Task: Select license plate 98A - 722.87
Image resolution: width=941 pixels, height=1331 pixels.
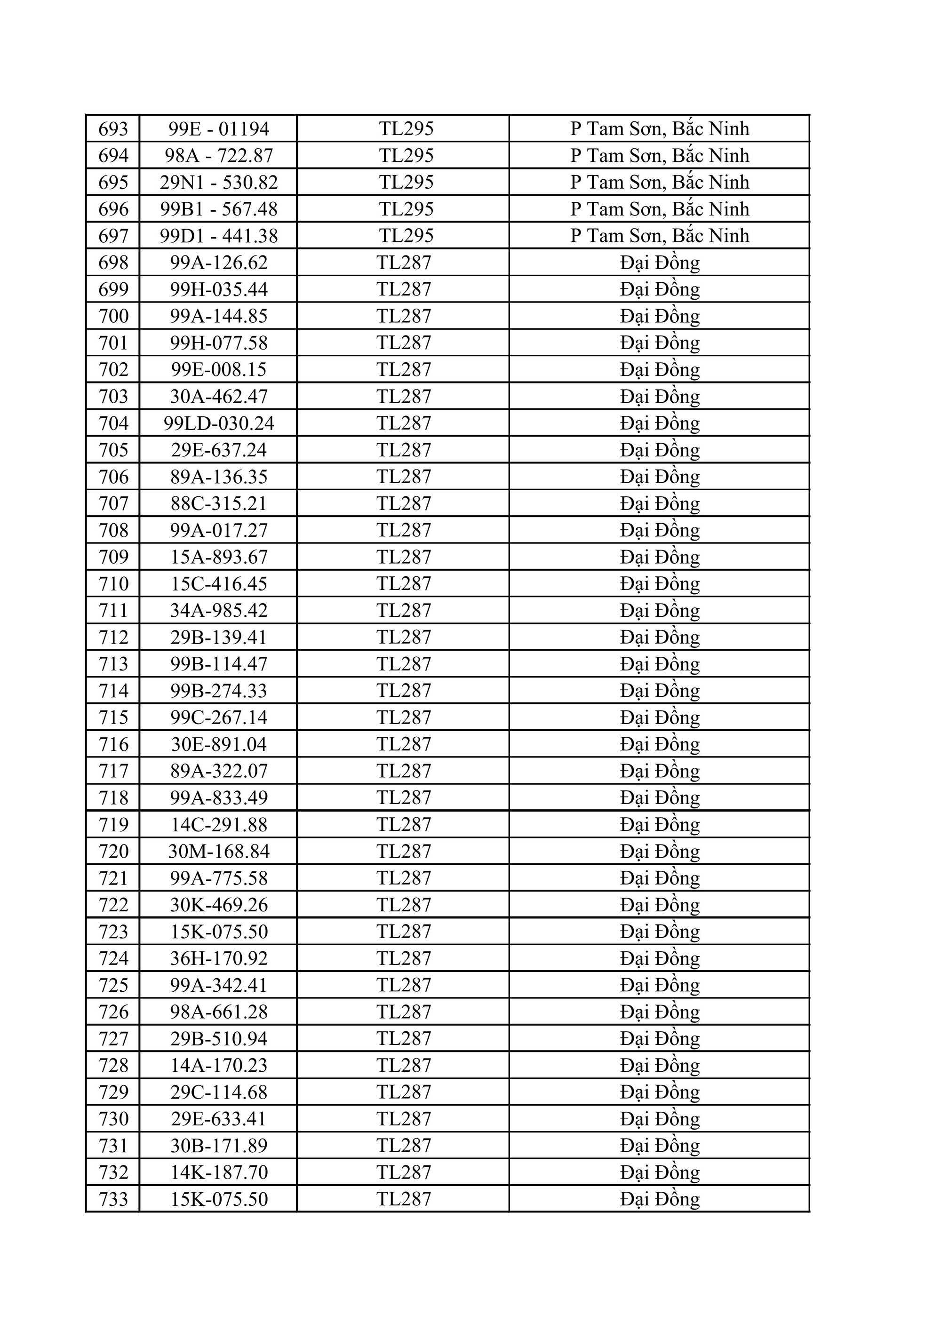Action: pos(219,155)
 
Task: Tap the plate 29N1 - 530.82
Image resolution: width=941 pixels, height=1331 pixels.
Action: pos(219,182)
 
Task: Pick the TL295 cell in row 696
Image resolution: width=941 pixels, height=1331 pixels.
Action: pos(406,209)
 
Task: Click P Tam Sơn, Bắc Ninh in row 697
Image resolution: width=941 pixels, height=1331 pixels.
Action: pos(659,235)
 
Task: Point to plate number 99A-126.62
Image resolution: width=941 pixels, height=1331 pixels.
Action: pos(219,263)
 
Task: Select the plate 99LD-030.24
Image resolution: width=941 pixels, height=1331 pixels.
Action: pos(219,423)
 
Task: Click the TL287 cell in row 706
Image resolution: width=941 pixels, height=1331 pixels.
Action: pos(404,477)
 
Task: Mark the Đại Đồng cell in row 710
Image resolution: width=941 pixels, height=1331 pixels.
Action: pos(659,584)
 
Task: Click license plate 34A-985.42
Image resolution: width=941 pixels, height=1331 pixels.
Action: pos(219,610)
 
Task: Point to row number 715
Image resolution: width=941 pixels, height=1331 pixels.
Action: pos(113,717)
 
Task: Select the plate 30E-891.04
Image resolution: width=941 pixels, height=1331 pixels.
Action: pos(219,744)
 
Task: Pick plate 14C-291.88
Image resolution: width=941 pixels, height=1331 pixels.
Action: pos(219,824)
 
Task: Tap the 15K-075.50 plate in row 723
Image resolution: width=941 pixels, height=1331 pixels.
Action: pos(219,932)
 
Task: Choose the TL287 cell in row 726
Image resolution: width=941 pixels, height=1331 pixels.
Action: pos(404,1012)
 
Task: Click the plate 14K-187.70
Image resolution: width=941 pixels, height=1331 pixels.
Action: pos(219,1172)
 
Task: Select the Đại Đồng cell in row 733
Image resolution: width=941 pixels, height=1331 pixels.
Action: pos(659,1199)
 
